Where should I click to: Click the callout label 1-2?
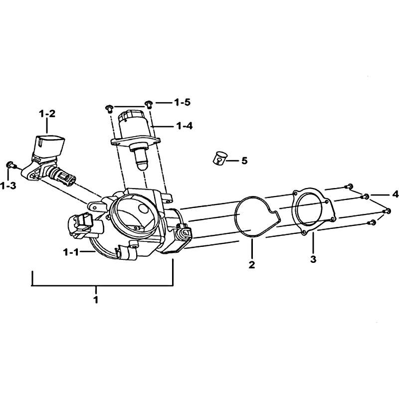point(47,114)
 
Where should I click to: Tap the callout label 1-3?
point(8,186)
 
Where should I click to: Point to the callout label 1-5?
point(183,103)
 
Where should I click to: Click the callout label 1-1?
point(71,252)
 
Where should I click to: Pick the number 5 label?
point(244,161)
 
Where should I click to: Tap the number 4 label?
point(395,195)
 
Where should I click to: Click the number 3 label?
point(313,259)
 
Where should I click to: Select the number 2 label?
point(252,265)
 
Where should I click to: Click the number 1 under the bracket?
point(96,300)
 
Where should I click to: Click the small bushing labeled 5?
point(220,158)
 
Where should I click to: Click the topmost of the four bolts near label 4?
point(349,186)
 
